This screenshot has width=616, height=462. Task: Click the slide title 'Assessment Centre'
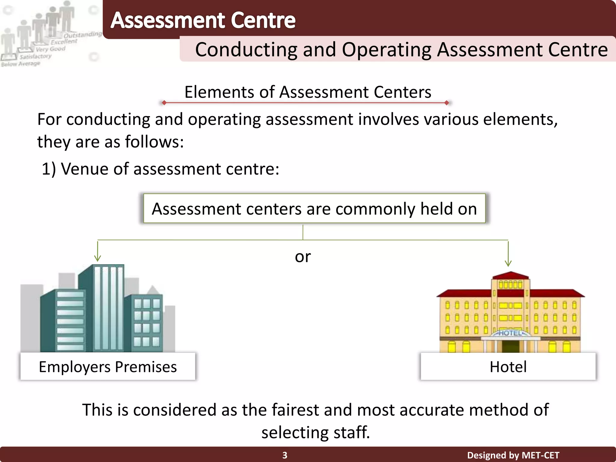(x=203, y=20)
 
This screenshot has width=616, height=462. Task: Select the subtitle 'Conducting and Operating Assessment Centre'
(x=401, y=49)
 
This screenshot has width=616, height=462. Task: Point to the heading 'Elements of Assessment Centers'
(x=308, y=92)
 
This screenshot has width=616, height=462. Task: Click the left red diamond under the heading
(x=164, y=103)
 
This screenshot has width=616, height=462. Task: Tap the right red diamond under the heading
(x=447, y=103)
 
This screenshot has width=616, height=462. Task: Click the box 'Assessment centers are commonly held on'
(x=314, y=208)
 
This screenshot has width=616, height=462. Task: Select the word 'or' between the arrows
(x=303, y=257)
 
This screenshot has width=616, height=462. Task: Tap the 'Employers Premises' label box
(x=108, y=367)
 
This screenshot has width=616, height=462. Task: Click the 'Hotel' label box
(x=508, y=367)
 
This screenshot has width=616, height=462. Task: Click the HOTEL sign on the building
(x=510, y=333)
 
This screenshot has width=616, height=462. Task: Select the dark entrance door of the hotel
(x=510, y=346)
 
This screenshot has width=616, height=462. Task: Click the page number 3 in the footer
(x=285, y=455)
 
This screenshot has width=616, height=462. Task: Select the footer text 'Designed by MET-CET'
(x=513, y=455)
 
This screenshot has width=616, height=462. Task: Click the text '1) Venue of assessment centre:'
(x=160, y=169)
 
